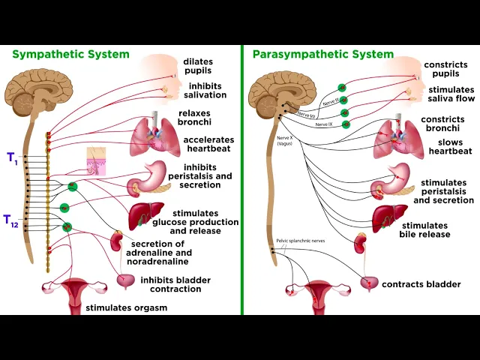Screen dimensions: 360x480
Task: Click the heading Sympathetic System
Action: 70,54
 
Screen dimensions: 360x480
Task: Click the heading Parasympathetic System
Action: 322,54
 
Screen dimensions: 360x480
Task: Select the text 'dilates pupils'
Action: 197,66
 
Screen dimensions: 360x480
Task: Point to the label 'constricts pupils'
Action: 445,70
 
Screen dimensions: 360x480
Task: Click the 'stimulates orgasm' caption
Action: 126,307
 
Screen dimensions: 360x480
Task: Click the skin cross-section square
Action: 97,161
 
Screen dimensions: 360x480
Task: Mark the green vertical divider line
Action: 242,180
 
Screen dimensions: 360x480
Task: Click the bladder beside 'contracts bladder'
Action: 370,283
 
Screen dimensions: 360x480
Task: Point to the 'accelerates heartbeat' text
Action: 208,145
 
